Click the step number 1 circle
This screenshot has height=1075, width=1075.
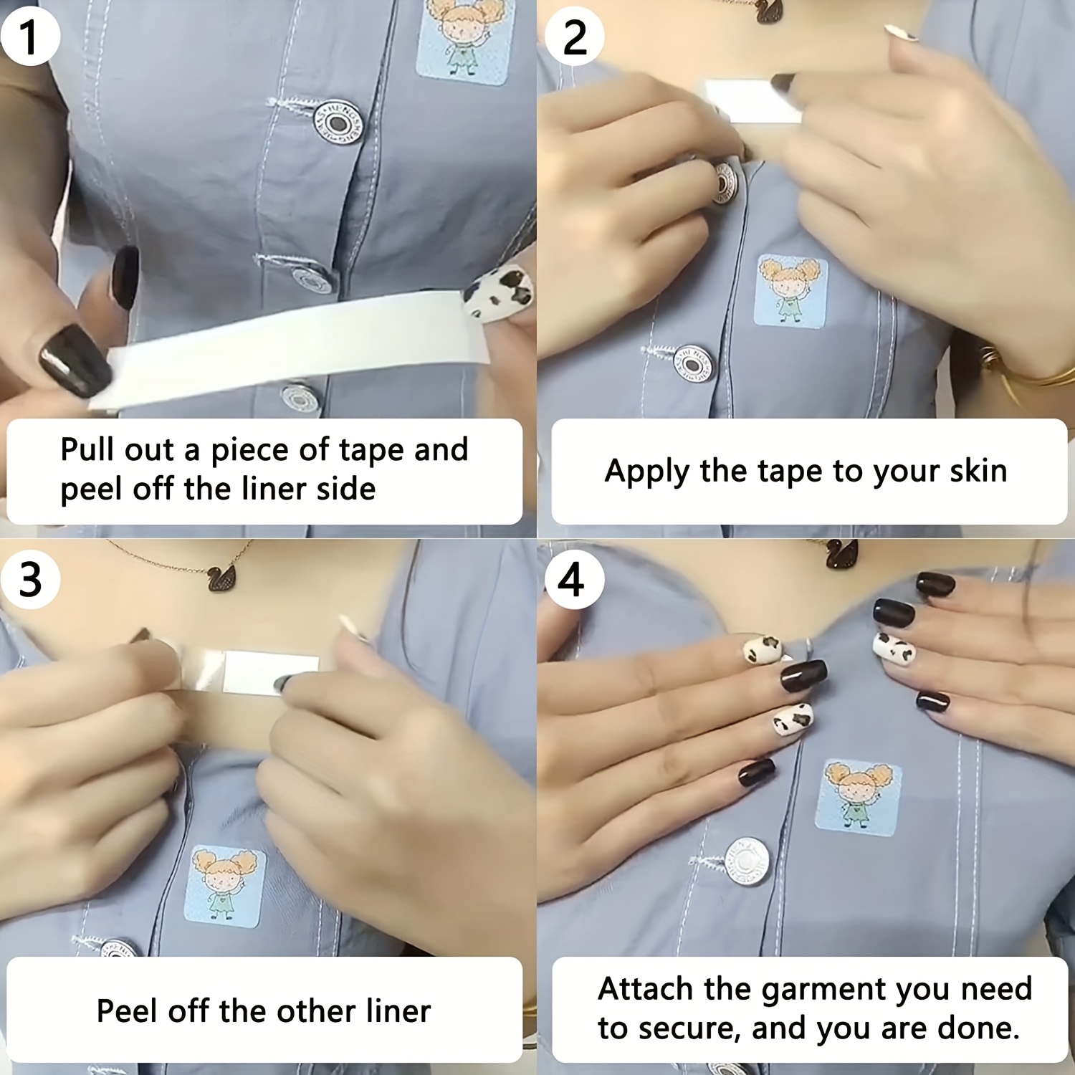[x=29, y=37]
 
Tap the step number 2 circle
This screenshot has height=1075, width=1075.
[x=574, y=37]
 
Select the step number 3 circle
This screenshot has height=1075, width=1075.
[x=30, y=579]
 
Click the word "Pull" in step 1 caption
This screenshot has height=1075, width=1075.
[x=86, y=449]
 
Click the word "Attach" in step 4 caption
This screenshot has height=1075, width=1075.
[x=645, y=988]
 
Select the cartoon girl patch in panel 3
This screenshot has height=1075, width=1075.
[x=225, y=886]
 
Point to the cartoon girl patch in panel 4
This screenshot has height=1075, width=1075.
[x=859, y=797]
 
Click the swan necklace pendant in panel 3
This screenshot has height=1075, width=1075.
[x=226, y=578]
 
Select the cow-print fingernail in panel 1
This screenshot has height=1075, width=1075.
[x=499, y=292]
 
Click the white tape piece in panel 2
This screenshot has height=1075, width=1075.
[x=752, y=101]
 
